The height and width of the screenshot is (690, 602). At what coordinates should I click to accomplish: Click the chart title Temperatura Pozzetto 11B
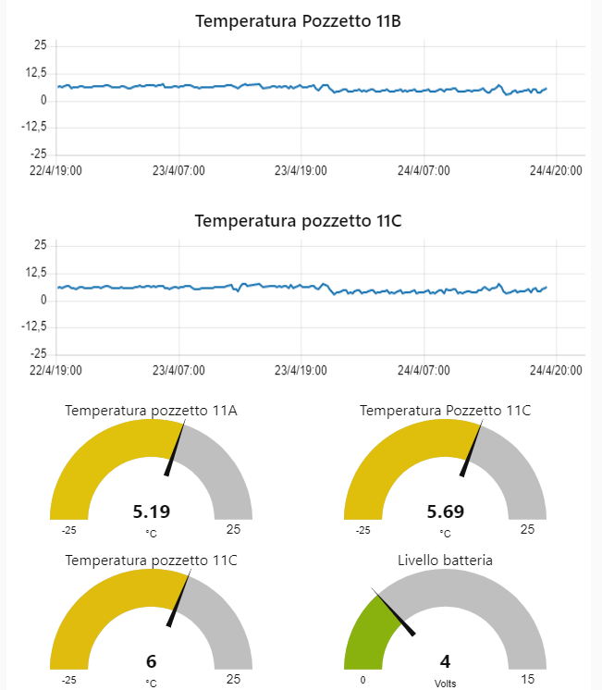[x=298, y=21]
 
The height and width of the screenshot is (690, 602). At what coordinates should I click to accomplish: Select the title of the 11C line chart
[x=298, y=221]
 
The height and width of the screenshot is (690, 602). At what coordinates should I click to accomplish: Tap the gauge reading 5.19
[x=151, y=511]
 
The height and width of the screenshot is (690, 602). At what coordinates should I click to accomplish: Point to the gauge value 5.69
[x=445, y=511]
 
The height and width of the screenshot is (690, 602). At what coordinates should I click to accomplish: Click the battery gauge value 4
[x=445, y=661]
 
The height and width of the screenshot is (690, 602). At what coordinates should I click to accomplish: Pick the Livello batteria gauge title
[x=445, y=560]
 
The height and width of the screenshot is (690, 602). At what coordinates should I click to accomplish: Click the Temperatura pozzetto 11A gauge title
[x=151, y=410]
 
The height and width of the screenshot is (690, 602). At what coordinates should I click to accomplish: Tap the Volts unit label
[x=445, y=684]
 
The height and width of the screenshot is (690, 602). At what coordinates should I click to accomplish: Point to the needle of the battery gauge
[x=395, y=613]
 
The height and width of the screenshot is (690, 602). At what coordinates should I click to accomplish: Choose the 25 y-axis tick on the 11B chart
[x=40, y=45]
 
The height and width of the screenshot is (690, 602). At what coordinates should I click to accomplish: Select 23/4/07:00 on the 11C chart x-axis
[x=178, y=370]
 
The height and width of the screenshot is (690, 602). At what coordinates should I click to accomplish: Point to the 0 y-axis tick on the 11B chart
[x=43, y=100]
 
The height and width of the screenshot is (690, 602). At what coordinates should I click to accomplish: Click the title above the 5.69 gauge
[x=445, y=410]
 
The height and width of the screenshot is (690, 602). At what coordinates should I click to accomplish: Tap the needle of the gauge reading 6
[x=180, y=599]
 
